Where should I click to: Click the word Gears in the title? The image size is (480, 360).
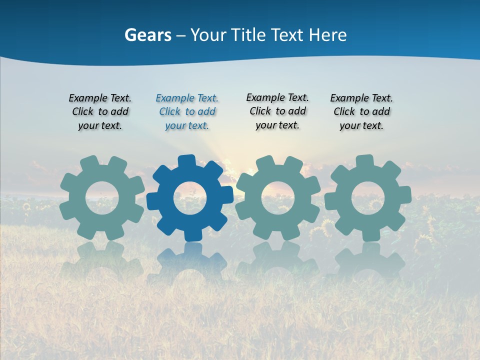(x=147, y=35)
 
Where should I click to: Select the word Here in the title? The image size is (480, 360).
(x=327, y=35)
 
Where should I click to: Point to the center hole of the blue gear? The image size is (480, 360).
(x=190, y=198)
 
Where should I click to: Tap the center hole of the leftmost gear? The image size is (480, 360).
(x=102, y=198)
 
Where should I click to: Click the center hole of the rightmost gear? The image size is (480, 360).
(x=367, y=198)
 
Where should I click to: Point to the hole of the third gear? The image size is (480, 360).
(x=278, y=198)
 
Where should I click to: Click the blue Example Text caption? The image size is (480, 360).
(x=187, y=112)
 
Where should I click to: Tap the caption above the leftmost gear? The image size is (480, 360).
(x=100, y=112)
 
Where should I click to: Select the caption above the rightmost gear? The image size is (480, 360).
(x=361, y=112)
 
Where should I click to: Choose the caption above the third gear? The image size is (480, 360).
(x=277, y=111)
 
